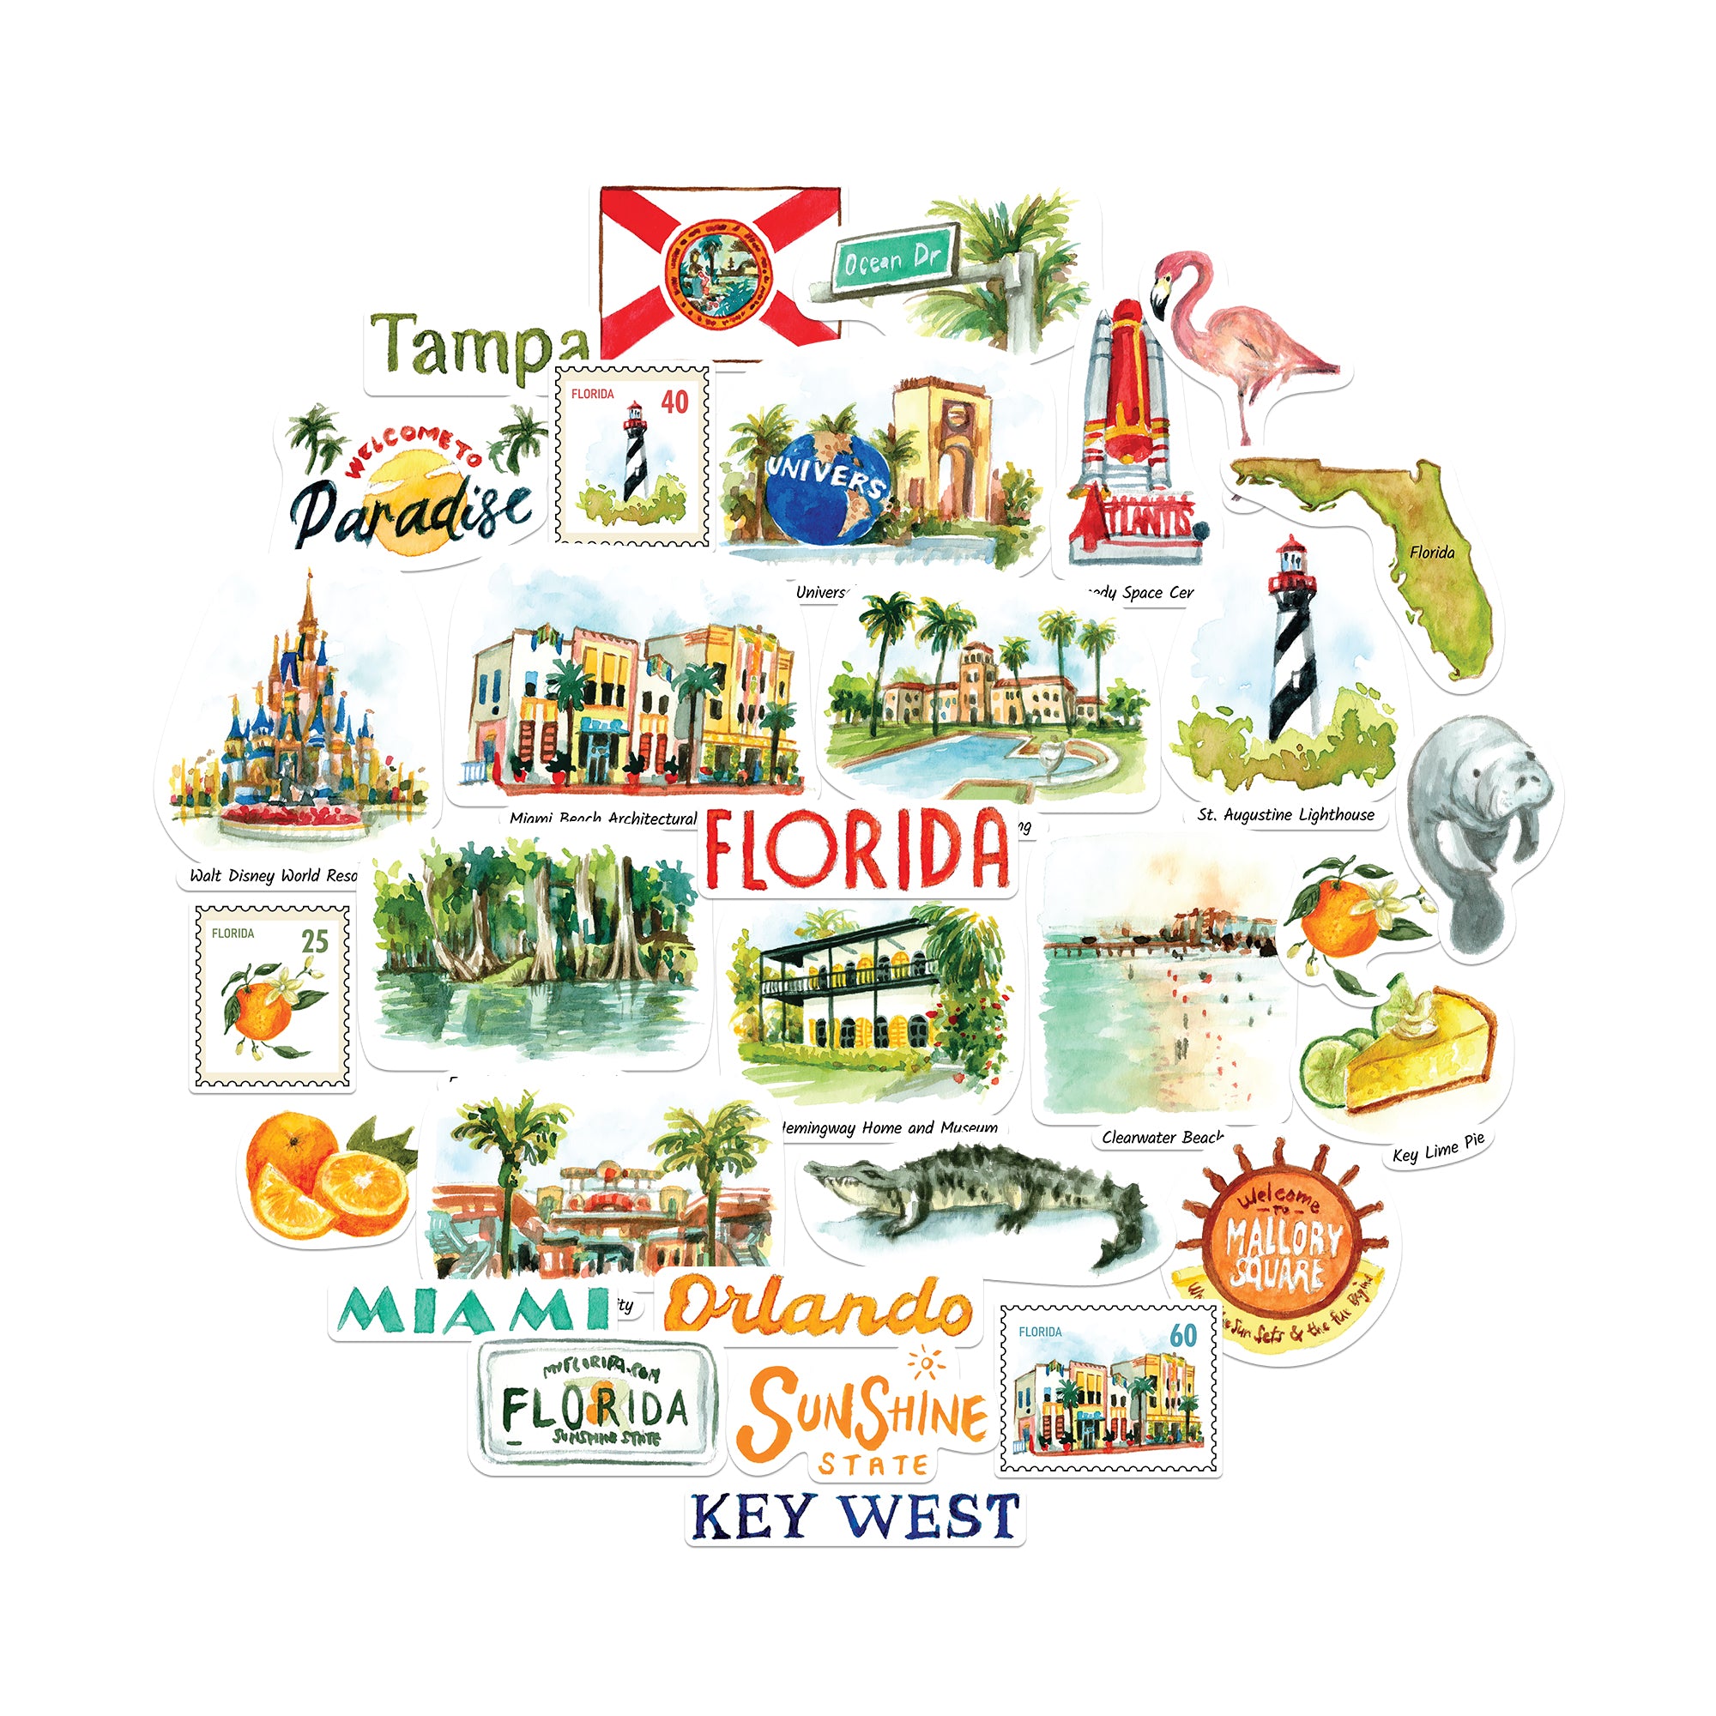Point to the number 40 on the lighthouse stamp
click(674, 402)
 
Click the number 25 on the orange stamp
click(314, 941)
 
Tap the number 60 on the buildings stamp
click(1183, 1336)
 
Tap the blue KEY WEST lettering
click(855, 1517)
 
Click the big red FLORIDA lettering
click(857, 850)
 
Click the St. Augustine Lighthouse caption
click(1285, 814)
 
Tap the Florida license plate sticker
click(595, 1409)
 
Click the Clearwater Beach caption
click(1162, 1138)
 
